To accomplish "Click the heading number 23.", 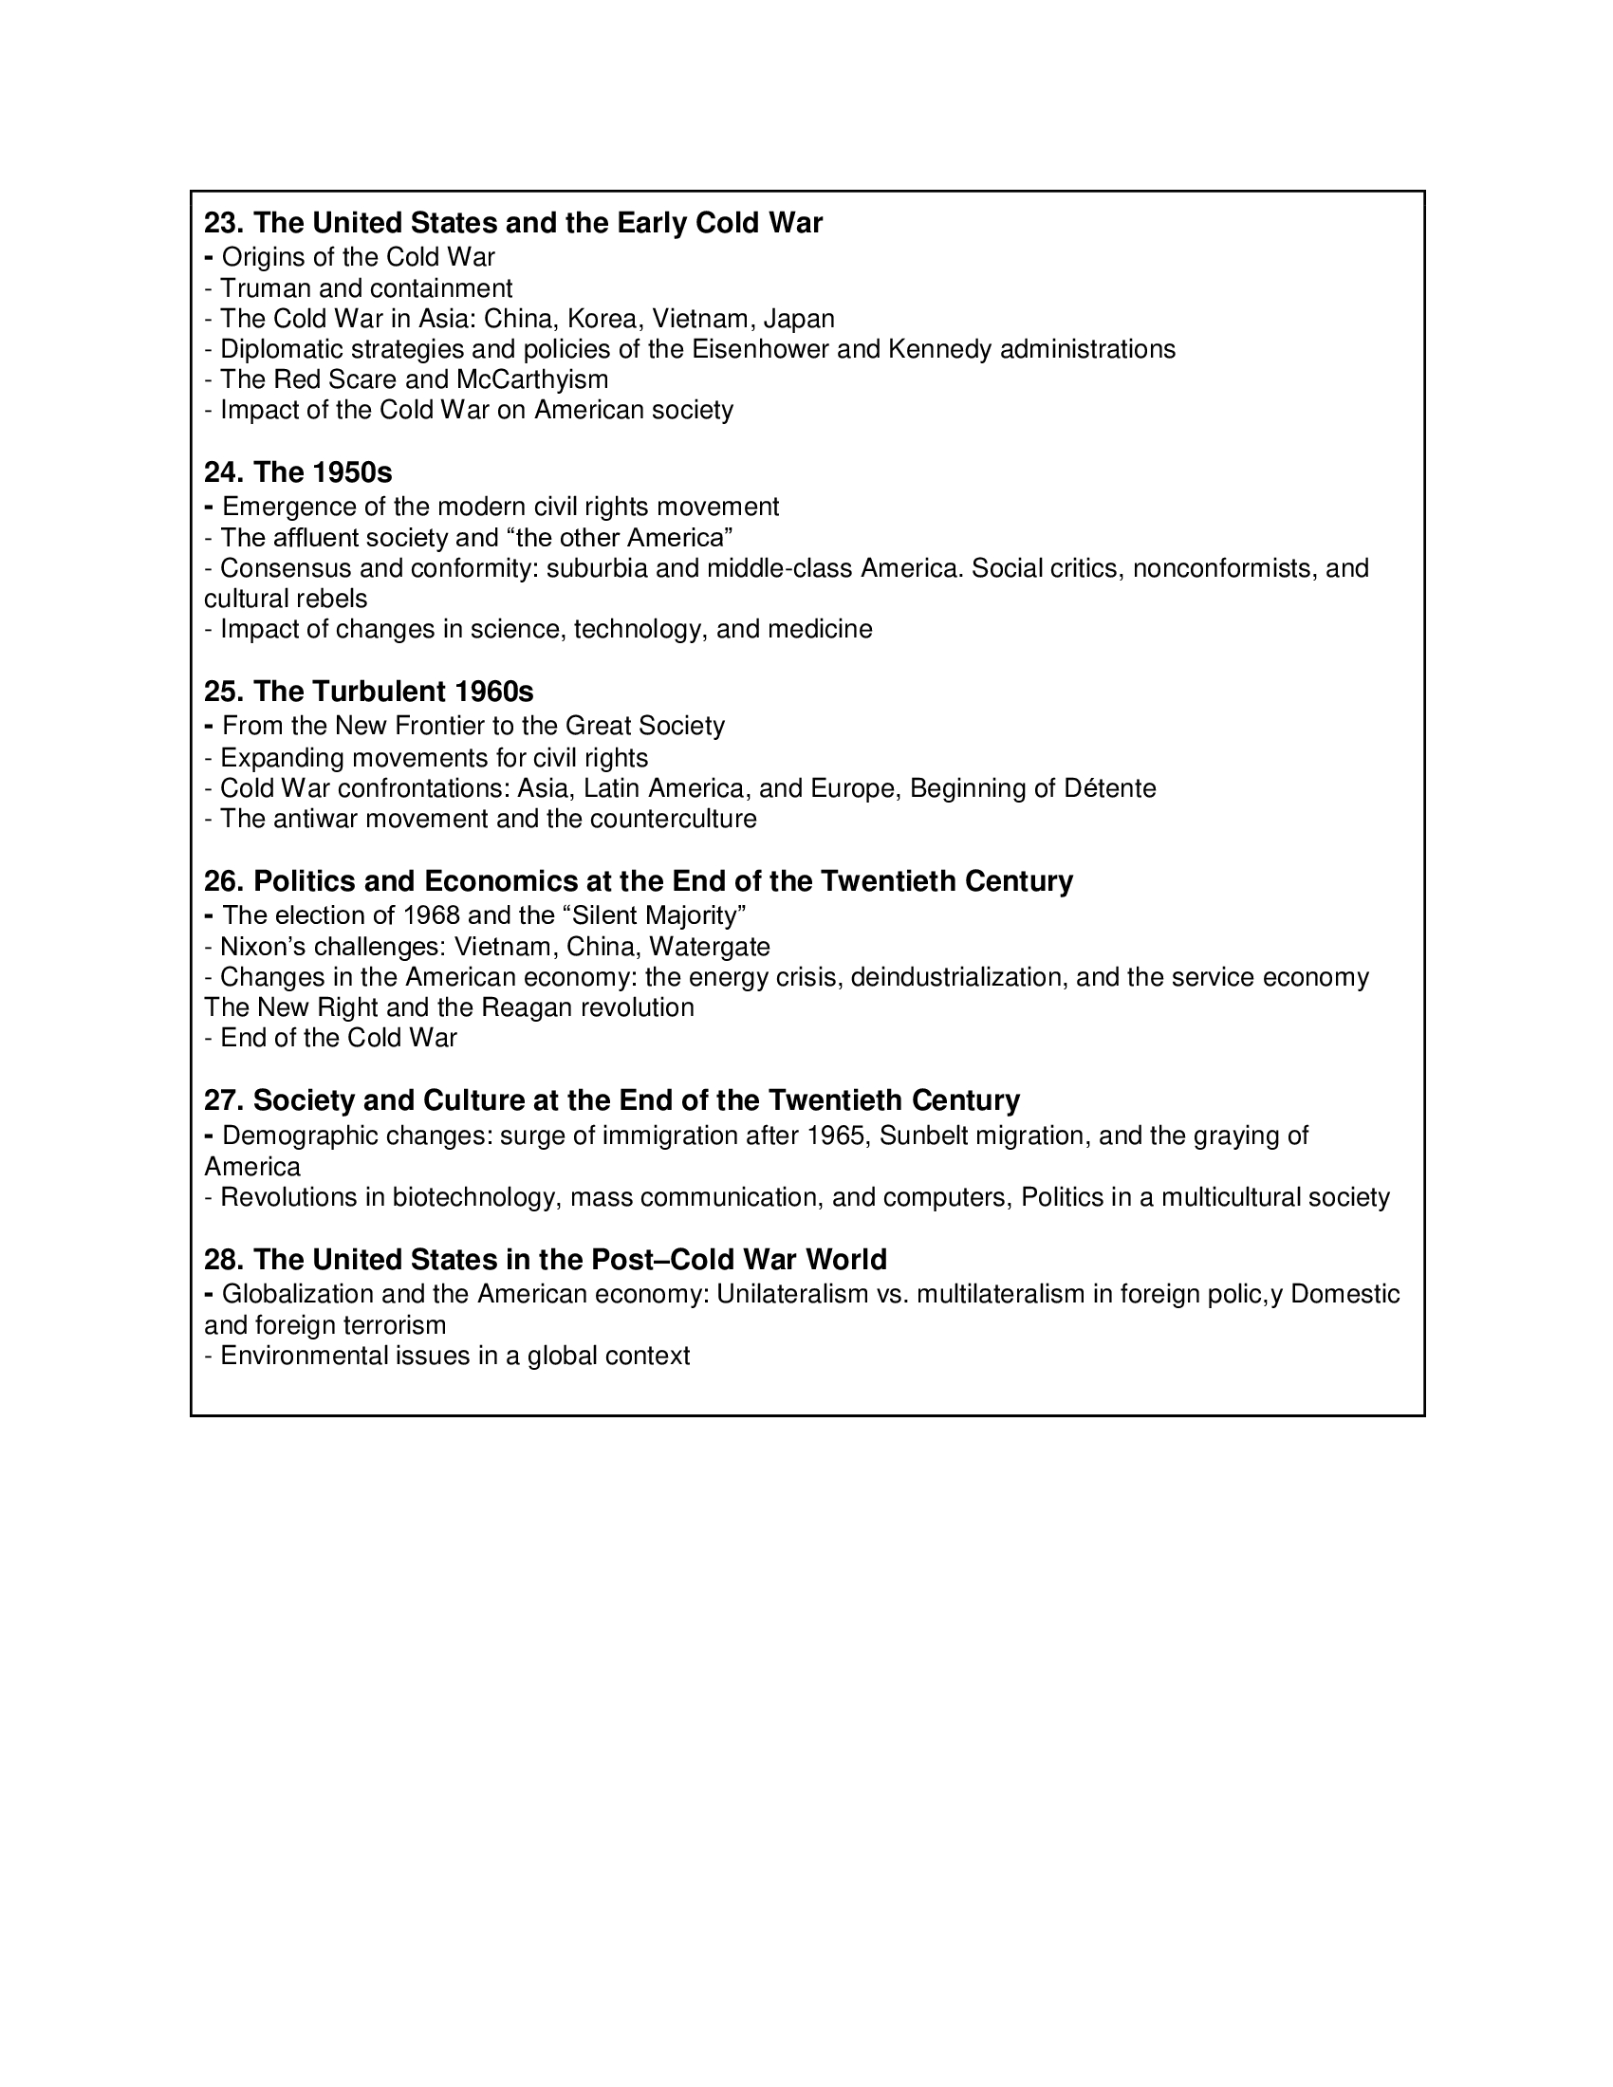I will tap(224, 223).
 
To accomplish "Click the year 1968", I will tap(432, 915).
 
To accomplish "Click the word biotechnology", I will tap(474, 1197).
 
